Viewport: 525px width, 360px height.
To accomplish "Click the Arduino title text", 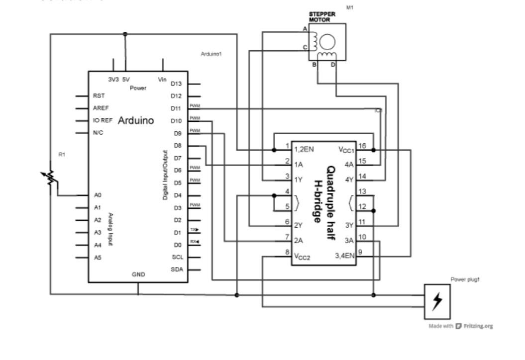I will point(135,120).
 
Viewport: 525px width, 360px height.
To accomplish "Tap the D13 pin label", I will point(176,84).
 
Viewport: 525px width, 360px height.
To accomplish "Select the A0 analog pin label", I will point(97,195).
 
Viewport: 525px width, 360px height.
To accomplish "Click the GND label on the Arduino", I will point(138,274).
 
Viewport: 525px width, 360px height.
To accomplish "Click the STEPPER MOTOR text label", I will point(322,17).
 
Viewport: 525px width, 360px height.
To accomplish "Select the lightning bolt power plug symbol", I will point(437,301).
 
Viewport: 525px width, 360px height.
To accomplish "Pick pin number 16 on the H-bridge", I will point(362,145).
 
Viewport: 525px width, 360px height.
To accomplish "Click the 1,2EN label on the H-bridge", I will point(304,149).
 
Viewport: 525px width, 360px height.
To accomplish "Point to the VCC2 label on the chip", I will point(303,256).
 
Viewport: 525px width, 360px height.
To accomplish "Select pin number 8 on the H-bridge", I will point(287,252).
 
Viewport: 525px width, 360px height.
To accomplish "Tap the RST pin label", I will point(98,96).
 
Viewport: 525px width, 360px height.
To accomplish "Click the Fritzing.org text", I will point(478,326).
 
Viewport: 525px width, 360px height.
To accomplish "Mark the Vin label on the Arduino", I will point(162,80).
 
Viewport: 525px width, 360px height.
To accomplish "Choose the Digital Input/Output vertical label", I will point(165,175).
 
